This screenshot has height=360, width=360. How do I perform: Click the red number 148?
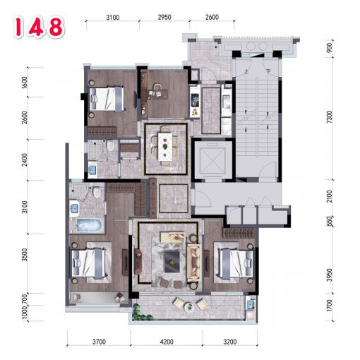coord(39,28)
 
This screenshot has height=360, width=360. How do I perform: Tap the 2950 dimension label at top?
coord(164,17)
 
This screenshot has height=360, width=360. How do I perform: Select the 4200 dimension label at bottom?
coord(167,342)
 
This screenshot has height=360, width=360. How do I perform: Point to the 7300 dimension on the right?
coord(330,116)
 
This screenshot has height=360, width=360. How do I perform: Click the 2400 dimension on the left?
coord(25,160)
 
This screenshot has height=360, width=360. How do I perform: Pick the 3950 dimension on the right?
coord(330,275)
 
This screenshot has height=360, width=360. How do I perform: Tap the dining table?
coord(165,147)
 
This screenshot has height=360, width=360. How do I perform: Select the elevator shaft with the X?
coord(212,160)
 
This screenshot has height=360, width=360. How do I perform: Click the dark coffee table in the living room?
coord(172,262)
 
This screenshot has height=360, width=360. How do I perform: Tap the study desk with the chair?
coord(157,94)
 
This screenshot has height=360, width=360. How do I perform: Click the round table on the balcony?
coord(189,307)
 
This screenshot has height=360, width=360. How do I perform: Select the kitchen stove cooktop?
coord(195,100)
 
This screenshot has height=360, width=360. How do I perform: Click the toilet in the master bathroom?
coord(97,192)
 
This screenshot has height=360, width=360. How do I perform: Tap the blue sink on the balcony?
coord(251,304)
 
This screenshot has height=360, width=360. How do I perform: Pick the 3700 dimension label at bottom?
coord(99,342)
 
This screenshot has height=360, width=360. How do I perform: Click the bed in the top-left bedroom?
coord(107,98)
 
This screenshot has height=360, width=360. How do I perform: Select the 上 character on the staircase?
coord(246,71)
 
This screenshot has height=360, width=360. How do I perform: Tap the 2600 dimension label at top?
coord(212,17)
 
